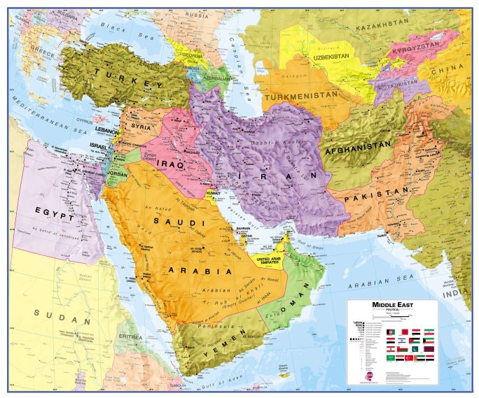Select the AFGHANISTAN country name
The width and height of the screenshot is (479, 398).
[356, 148]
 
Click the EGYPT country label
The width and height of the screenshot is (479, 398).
[57, 217]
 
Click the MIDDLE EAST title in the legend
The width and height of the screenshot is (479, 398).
[391, 306]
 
